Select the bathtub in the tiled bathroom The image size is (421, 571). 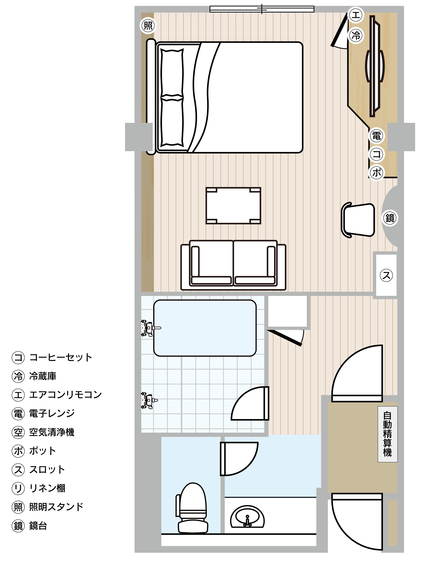(205, 328)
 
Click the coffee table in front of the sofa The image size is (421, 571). (233, 206)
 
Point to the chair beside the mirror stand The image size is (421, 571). (358, 220)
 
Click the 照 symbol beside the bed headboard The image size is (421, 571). (148, 26)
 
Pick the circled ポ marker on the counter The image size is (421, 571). (377, 173)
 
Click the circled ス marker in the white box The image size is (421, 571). (386, 275)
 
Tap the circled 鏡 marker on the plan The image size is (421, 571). (390, 218)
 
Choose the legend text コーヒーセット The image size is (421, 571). (61, 357)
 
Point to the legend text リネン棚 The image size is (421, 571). (47, 488)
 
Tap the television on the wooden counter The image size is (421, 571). (375, 66)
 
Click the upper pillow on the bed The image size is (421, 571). (172, 73)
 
